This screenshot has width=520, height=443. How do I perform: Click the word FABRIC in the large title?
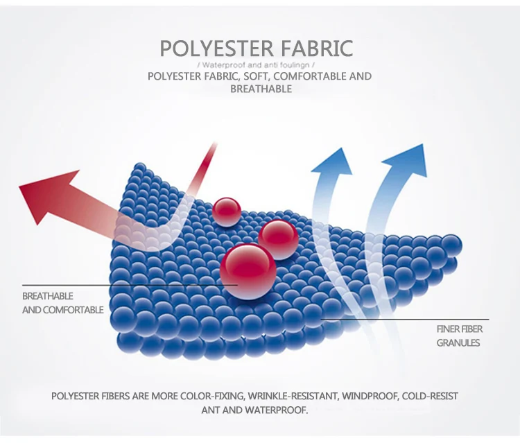point(317,49)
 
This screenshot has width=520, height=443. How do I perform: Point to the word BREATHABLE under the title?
point(260,89)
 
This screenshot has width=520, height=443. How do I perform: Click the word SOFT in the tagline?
point(247,76)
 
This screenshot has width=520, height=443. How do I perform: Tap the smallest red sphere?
point(227,210)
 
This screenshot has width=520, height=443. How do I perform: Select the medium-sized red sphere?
point(279,239)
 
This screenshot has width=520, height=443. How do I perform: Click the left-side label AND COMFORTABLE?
point(62,310)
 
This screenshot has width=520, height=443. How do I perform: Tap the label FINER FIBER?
point(459,329)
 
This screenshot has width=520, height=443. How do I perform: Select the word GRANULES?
point(458,342)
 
